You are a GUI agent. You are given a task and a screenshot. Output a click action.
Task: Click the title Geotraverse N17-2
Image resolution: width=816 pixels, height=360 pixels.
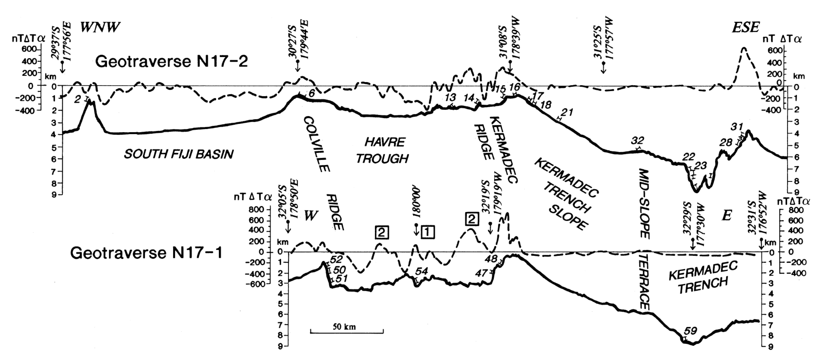(171, 61)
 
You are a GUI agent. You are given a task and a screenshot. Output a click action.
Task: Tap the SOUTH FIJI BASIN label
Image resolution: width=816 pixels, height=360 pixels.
(178, 154)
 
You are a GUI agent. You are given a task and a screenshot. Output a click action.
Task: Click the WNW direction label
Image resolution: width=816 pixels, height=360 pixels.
(100, 28)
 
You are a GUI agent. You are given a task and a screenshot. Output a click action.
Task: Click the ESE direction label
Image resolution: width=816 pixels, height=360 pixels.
(745, 28)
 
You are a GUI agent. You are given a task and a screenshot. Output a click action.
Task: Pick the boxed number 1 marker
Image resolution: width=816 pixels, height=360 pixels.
(427, 232)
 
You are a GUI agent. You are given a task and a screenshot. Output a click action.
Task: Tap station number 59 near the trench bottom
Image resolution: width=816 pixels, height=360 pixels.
(690, 331)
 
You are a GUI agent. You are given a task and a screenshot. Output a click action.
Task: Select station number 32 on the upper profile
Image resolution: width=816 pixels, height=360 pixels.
(637, 140)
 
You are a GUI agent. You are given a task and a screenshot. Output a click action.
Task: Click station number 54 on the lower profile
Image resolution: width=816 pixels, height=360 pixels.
(421, 271)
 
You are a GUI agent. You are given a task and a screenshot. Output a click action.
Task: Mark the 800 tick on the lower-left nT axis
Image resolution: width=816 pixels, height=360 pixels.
(256, 209)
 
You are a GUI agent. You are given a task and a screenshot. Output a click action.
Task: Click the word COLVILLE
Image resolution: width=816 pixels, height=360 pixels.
(316, 144)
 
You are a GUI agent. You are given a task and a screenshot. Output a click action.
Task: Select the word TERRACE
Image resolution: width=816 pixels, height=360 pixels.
(644, 281)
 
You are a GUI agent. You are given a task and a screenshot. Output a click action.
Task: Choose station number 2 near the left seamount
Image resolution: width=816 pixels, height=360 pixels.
(78, 100)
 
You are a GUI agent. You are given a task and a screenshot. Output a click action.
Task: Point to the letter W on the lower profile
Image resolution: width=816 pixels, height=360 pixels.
(311, 216)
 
